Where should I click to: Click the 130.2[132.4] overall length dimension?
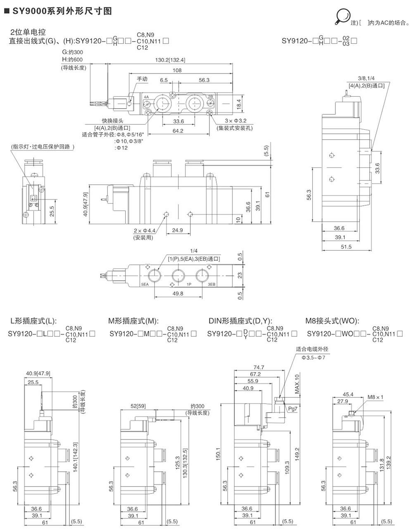coord(170,60)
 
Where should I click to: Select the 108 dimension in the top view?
coord(177,70)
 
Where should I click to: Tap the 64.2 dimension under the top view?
coord(178,131)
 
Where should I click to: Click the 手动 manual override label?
coord(142,79)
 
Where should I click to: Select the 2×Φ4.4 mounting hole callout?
coord(143,231)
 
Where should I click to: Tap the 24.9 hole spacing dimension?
coord(178,230)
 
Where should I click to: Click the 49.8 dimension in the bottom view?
coord(178,294)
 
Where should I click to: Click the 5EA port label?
coord(145,285)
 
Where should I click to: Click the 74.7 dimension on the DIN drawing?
coord(259,367)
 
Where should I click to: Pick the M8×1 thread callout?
coord(376,397)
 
